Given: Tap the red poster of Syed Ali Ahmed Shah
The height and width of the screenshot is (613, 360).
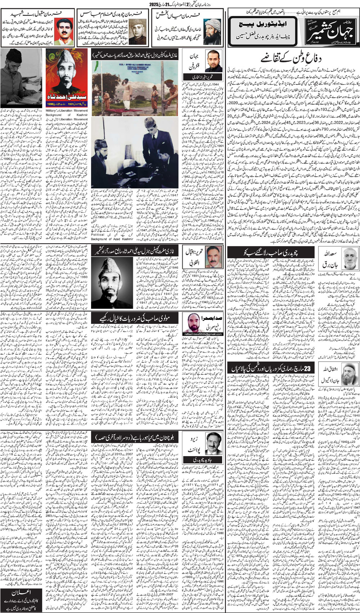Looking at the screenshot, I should coord(67,77).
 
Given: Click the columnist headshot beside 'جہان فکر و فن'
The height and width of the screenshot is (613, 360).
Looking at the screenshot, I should coord(213,61).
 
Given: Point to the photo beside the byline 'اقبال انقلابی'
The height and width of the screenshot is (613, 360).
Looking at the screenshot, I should coord(213,256).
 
